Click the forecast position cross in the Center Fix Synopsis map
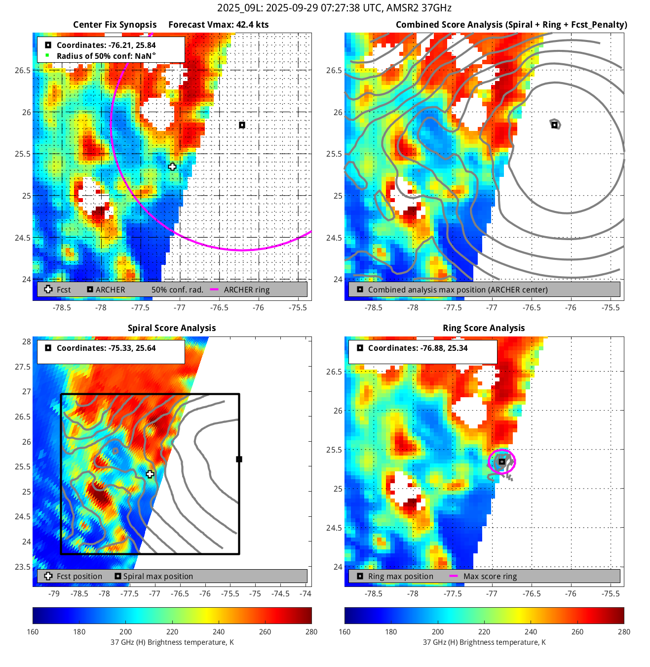click(x=172, y=167)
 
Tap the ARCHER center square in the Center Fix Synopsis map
click(x=242, y=125)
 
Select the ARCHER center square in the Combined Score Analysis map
click(x=554, y=125)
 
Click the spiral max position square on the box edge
click(x=239, y=459)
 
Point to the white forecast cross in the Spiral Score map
click(x=150, y=474)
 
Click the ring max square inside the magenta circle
click(x=501, y=462)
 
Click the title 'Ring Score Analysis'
click(x=484, y=328)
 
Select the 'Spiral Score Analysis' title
click(x=172, y=328)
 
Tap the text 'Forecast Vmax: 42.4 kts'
click(x=219, y=25)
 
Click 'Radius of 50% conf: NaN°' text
click(x=106, y=56)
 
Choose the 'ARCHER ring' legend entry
click(x=247, y=290)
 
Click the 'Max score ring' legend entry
click(x=490, y=576)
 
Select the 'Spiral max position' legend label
click(x=158, y=576)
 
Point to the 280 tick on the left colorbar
click(x=311, y=631)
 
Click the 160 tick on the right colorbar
click(x=344, y=631)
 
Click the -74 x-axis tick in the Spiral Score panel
click(x=306, y=593)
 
